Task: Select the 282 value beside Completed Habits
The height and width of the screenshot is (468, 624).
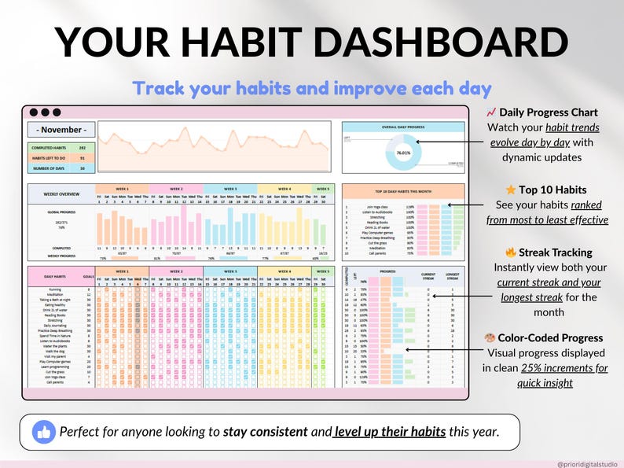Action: click(82, 147)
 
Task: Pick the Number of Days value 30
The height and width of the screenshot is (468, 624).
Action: click(82, 168)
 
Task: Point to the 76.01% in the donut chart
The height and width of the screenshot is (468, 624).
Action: click(404, 153)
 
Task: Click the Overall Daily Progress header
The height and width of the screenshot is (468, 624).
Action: click(403, 125)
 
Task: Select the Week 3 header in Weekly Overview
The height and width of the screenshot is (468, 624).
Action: click(230, 189)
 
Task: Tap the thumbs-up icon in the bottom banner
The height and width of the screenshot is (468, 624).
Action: click(43, 432)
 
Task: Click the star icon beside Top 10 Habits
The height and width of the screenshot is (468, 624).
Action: click(511, 190)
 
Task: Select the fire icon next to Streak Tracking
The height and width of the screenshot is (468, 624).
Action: click(511, 253)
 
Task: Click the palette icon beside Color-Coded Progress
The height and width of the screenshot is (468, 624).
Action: click(491, 338)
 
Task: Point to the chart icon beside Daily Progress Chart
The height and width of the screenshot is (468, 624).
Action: click(491, 113)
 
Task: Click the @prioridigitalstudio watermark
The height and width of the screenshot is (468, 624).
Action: click(588, 464)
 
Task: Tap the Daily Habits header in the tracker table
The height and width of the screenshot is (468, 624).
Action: click(54, 275)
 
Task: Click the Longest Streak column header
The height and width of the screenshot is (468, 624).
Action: click(452, 276)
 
